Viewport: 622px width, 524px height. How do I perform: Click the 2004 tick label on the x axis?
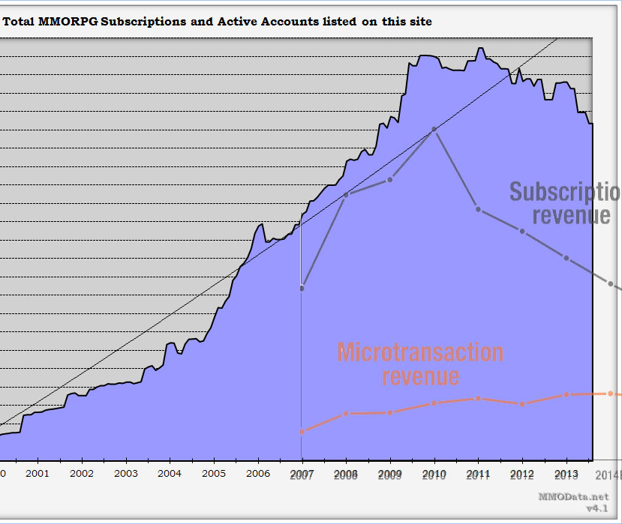(x=170, y=474)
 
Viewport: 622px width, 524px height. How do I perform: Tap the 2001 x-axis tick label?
(x=38, y=474)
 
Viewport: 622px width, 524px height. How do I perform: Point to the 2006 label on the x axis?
(x=257, y=474)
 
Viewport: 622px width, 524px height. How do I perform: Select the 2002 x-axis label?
(x=82, y=474)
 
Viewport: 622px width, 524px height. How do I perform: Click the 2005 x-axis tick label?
(x=214, y=474)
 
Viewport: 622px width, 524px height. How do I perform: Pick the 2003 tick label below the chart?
(x=126, y=474)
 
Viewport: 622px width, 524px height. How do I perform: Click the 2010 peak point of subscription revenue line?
(x=434, y=130)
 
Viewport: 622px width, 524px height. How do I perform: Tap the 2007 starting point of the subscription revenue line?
(x=302, y=288)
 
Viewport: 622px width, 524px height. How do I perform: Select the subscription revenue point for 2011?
(x=478, y=209)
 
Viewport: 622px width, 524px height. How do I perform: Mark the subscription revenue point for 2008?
(x=346, y=196)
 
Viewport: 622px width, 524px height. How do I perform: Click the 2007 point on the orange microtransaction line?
(x=302, y=431)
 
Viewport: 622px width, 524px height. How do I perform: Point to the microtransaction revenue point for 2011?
(x=478, y=398)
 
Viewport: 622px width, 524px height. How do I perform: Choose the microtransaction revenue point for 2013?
(x=566, y=394)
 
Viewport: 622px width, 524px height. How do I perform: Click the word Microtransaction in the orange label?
(x=420, y=352)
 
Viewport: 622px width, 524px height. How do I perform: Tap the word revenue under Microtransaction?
(x=420, y=376)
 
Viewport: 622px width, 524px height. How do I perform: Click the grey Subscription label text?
(x=564, y=192)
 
